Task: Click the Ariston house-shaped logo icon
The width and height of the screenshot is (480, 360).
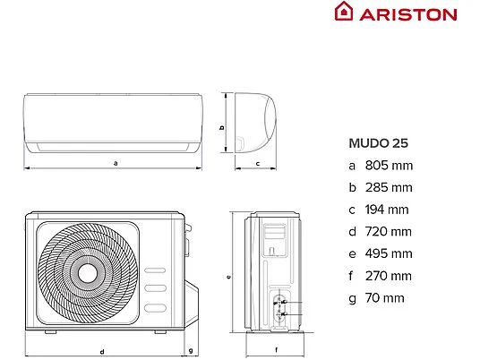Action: [344, 12]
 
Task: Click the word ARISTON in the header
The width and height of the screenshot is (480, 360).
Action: [408, 14]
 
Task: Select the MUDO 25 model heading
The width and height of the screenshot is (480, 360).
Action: [379, 143]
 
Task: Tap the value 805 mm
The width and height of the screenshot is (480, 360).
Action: [389, 166]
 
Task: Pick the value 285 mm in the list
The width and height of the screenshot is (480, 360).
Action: [389, 188]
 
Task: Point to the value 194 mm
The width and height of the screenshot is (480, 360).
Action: [387, 210]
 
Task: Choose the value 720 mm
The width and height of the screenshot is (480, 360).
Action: [388, 232]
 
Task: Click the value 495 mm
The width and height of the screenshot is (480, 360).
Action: [389, 253]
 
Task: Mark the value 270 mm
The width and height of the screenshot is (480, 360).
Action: [388, 276]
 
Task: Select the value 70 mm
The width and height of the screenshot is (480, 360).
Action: [384, 298]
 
